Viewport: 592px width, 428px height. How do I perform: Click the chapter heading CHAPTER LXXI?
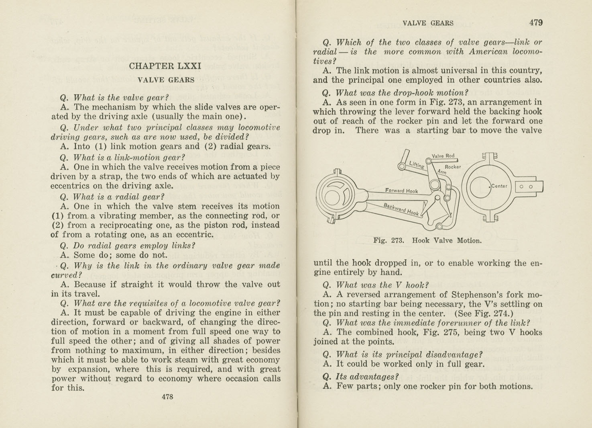[x=165, y=66]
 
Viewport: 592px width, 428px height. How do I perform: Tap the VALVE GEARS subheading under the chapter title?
[x=166, y=80]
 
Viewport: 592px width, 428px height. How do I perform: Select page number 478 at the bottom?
[x=167, y=397]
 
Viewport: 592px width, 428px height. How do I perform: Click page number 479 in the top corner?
[x=536, y=23]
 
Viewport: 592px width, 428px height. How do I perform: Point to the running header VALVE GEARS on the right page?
[x=428, y=23]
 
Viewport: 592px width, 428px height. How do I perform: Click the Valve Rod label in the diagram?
[x=443, y=156]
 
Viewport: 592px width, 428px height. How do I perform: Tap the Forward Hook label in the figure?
[x=401, y=191]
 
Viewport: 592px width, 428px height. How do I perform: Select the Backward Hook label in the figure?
[x=401, y=209]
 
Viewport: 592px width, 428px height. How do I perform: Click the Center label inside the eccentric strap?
[x=499, y=186]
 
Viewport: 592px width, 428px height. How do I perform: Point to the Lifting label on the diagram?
[x=416, y=164]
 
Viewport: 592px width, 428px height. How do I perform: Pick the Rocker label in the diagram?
[x=453, y=167]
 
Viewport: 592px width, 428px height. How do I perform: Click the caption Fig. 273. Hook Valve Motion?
[x=427, y=241]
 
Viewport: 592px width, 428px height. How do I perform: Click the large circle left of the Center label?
[x=480, y=186]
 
